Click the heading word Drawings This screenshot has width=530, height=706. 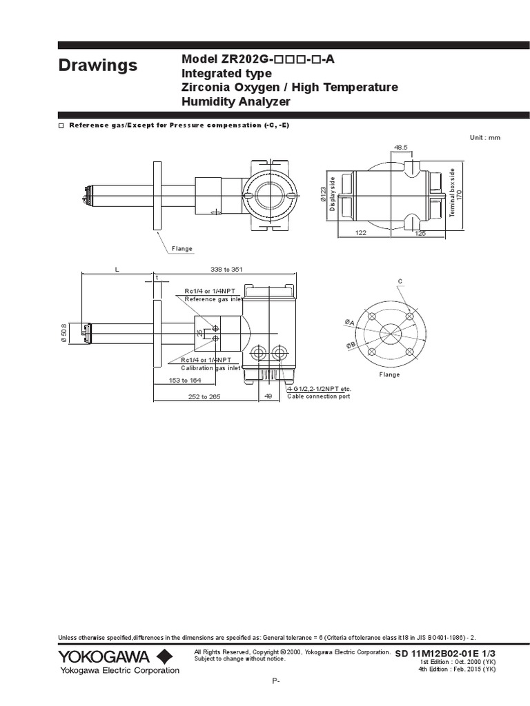(97, 65)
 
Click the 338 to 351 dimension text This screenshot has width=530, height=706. (225, 269)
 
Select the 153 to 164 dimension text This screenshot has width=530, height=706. (186, 380)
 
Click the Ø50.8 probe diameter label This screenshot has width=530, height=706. (63, 332)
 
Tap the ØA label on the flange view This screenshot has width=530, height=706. (349, 323)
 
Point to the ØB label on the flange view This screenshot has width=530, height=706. (351, 344)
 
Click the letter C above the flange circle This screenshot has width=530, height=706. (400, 281)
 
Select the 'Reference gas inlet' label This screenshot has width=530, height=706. (213, 299)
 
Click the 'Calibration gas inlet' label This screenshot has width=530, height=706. (210, 368)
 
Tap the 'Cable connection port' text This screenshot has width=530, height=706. (319, 396)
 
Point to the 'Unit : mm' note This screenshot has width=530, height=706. (485, 138)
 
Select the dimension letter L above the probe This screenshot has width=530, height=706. (117, 269)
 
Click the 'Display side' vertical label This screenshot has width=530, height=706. (332, 196)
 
